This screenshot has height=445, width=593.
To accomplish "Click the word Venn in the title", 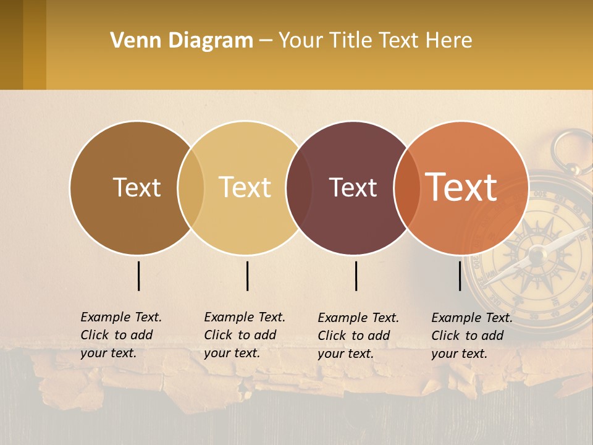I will [x=134, y=41].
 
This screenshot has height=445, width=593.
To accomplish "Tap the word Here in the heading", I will [x=449, y=41].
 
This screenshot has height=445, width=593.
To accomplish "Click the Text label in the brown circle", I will [x=137, y=187].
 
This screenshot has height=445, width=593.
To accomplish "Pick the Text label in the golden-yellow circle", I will [x=245, y=187].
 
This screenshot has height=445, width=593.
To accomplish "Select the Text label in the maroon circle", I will [x=353, y=187].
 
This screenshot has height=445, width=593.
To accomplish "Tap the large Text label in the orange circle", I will [x=461, y=187].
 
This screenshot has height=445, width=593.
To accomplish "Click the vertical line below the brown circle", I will [x=139, y=276].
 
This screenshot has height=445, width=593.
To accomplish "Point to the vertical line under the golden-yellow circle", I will [x=247, y=276].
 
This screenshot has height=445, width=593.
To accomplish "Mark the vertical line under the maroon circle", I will [x=356, y=276].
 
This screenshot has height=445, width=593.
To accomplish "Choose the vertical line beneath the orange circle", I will [x=460, y=276].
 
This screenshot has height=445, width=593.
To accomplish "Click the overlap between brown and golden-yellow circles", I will [x=191, y=187].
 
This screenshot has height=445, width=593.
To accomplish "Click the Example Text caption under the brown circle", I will [x=121, y=335].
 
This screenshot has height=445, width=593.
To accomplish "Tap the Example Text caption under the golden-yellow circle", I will [x=245, y=335].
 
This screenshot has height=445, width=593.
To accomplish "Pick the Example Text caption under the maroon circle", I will [x=358, y=336].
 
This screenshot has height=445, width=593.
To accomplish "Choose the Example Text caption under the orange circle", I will [x=472, y=336].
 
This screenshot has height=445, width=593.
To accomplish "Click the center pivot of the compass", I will [x=536, y=253].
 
